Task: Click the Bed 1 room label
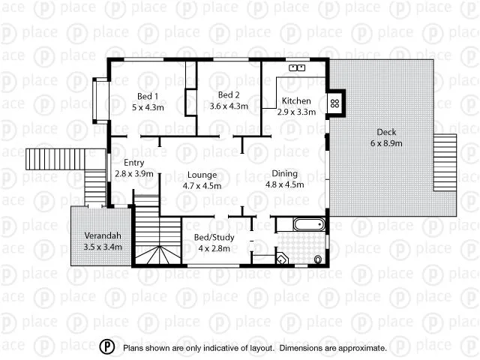click(x=147, y=96)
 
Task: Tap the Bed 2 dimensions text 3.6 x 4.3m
click(x=229, y=106)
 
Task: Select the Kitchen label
click(x=295, y=101)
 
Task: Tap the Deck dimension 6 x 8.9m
click(x=387, y=142)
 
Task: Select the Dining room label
click(x=284, y=173)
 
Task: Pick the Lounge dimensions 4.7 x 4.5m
click(x=202, y=185)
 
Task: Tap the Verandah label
click(x=102, y=234)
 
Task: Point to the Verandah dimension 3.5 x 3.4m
click(x=103, y=245)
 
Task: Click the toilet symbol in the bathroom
click(x=318, y=260)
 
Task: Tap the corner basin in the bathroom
click(x=282, y=259)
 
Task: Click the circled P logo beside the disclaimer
click(x=108, y=347)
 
